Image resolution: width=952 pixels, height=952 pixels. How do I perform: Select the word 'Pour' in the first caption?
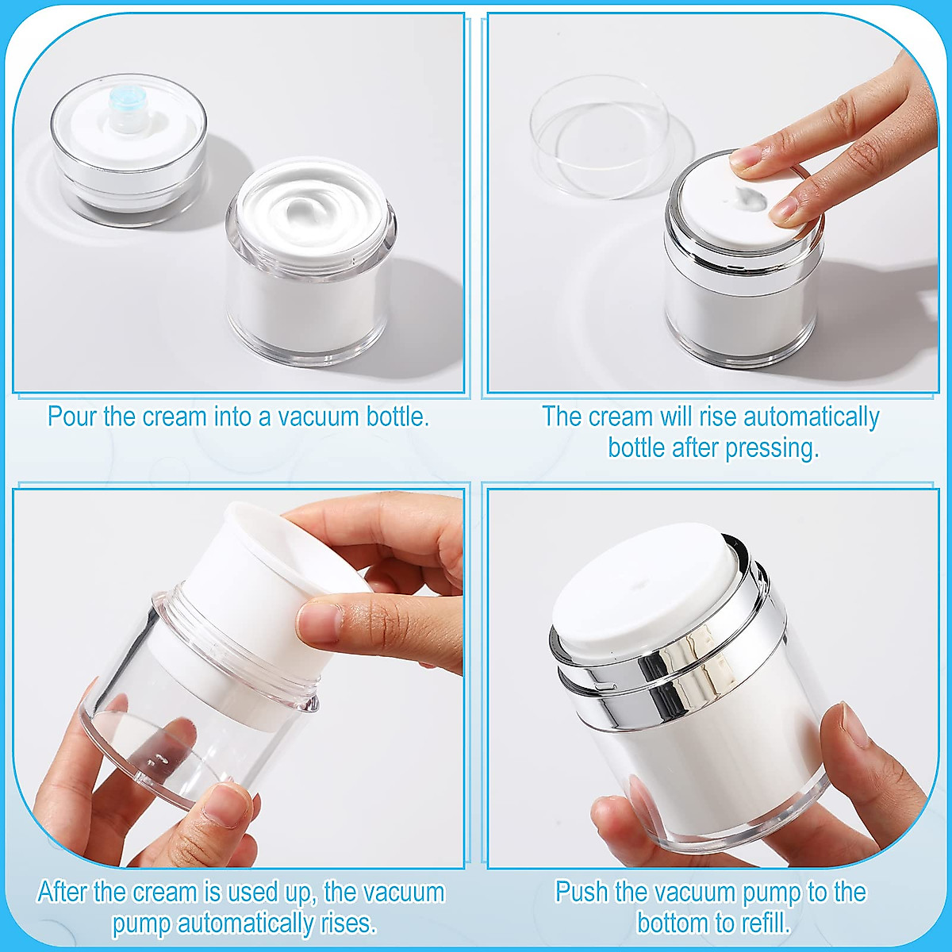pyautogui.click(x=72, y=416)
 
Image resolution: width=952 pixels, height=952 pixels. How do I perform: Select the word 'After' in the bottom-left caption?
pyautogui.click(x=63, y=892)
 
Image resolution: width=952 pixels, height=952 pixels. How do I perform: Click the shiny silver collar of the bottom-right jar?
pyautogui.click(x=674, y=674)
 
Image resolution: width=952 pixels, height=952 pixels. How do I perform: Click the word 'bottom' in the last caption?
pyautogui.click(x=674, y=923)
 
